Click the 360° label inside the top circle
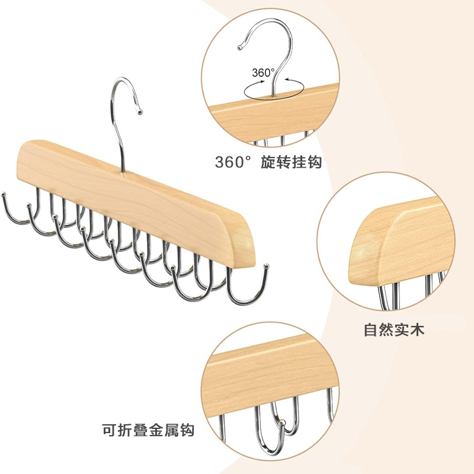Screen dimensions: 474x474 click(263, 73)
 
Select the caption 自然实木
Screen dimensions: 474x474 click(394, 330)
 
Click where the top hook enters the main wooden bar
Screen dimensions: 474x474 click(123, 172)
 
